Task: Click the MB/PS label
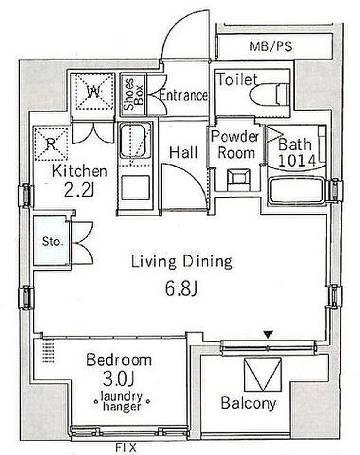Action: click(271, 46)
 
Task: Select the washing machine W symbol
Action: click(93, 92)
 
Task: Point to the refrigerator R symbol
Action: click(51, 144)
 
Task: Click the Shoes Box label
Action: click(133, 94)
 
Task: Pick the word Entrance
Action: click(184, 95)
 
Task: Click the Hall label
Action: click(184, 152)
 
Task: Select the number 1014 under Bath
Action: click(297, 161)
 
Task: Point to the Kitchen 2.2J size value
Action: click(78, 190)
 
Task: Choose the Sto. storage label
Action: click(52, 241)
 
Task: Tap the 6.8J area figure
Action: click(181, 289)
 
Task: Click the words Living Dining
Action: click(182, 262)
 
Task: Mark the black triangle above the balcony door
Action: click(268, 334)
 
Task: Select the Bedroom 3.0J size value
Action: click(119, 379)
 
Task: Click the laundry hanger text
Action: click(122, 401)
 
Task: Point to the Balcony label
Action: click(248, 404)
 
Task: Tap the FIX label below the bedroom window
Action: click(126, 447)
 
